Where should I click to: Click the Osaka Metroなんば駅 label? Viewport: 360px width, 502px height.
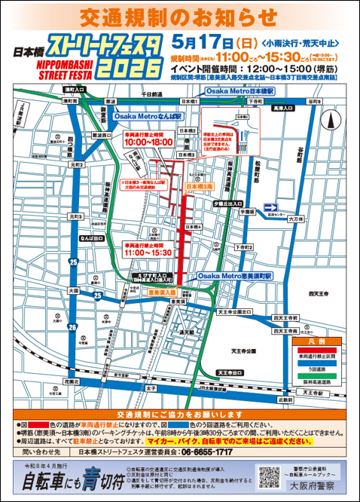tap(148, 117)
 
